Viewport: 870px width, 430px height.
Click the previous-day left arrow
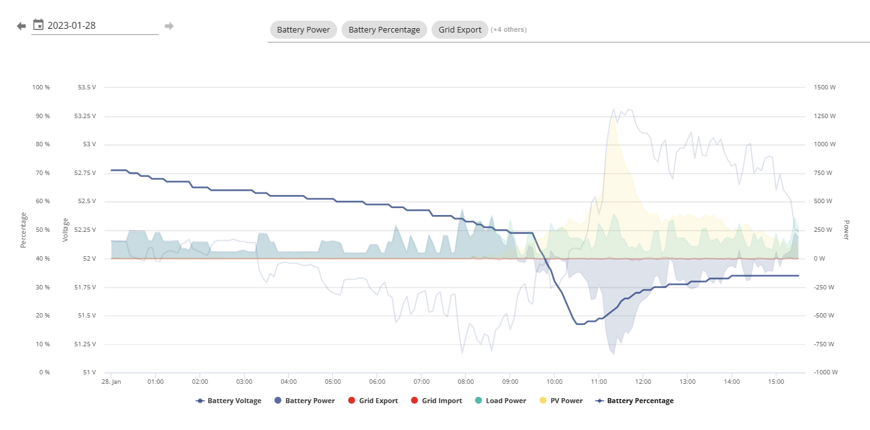pyautogui.click(x=21, y=26)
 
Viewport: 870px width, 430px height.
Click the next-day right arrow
pyautogui.click(x=169, y=26)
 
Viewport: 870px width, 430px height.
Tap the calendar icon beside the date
pyautogui.click(x=38, y=25)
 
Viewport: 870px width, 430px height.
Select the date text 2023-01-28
pyautogui.click(x=71, y=26)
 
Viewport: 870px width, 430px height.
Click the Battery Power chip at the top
pyautogui.click(x=303, y=29)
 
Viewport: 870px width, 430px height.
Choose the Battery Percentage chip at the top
pyautogui.click(x=384, y=29)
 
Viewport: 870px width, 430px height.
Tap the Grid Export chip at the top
pyautogui.click(x=460, y=29)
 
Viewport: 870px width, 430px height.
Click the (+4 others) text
pyautogui.click(x=508, y=29)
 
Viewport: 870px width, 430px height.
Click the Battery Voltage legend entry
pyautogui.click(x=228, y=401)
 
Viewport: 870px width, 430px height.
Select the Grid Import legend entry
pyautogui.click(x=436, y=401)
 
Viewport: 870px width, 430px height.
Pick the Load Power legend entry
pyautogui.click(x=500, y=401)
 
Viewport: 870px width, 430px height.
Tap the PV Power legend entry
pyautogui.click(x=561, y=401)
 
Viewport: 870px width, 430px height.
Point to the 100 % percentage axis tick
pyautogui.click(x=41, y=87)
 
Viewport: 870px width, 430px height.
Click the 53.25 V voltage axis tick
pyautogui.click(x=85, y=116)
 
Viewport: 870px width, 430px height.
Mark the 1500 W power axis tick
pyautogui.click(x=824, y=87)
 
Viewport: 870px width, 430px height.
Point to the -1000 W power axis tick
pyautogui.click(x=826, y=372)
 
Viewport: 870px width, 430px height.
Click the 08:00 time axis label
pyautogui.click(x=466, y=381)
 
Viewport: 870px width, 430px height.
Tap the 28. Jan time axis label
pyautogui.click(x=111, y=381)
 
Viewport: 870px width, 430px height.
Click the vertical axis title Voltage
pyautogui.click(x=65, y=230)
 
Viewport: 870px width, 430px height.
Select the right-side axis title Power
pyautogui.click(x=847, y=230)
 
